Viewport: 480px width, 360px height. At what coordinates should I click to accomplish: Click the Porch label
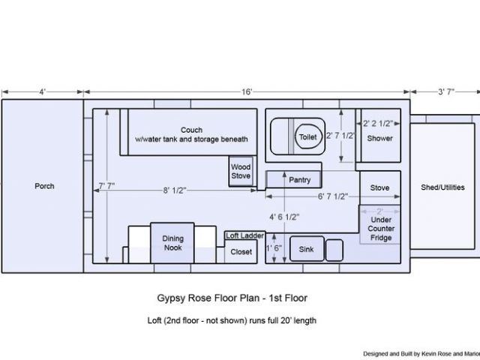pyautogui.click(x=44, y=186)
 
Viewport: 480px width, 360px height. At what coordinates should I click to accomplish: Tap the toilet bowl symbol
pyautogui.click(x=308, y=136)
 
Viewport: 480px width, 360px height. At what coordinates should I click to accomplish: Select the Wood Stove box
pyautogui.click(x=241, y=171)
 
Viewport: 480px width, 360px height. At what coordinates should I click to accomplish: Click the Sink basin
pyautogui.click(x=307, y=249)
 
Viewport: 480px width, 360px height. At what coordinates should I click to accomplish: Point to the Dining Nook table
pyautogui.click(x=172, y=243)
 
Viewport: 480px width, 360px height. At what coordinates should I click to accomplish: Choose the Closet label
pyautogui.click(x=241, y=252)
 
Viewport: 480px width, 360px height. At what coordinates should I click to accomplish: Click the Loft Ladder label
pyautogui.click(x=245, y=235)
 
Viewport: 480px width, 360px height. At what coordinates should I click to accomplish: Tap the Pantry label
pyautogui.click(x=300, y=180)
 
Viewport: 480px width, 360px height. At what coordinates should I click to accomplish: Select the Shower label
pyautogui.click(x=380, y=138)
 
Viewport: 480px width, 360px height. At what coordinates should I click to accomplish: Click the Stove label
pyautogui.click(x=380, y=187)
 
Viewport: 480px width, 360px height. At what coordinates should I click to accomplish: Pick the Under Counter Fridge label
pyautogui.click(x=381, y=229)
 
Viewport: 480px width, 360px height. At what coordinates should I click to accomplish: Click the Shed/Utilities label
pyautogui.click(x=442, y=187)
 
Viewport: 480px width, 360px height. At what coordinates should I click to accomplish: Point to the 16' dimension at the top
pyautogui.click(x=247, y=91)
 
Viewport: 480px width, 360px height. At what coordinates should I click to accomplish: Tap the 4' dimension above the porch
pyautogui.click(x=43, y=91)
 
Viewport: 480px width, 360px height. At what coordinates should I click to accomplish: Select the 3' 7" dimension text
pyautogui.click(x=446, y=91)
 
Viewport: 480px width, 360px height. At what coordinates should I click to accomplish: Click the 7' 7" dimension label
pyautogui.click(x=106, y=186)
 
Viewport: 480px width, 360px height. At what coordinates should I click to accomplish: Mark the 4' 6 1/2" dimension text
pyautogui.click(x=284, y=217)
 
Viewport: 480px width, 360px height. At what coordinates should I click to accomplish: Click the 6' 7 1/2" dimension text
pyautogui.click(x=333, y=196)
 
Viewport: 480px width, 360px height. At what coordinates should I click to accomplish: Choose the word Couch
pyautogui.click(x=191, y=130)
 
